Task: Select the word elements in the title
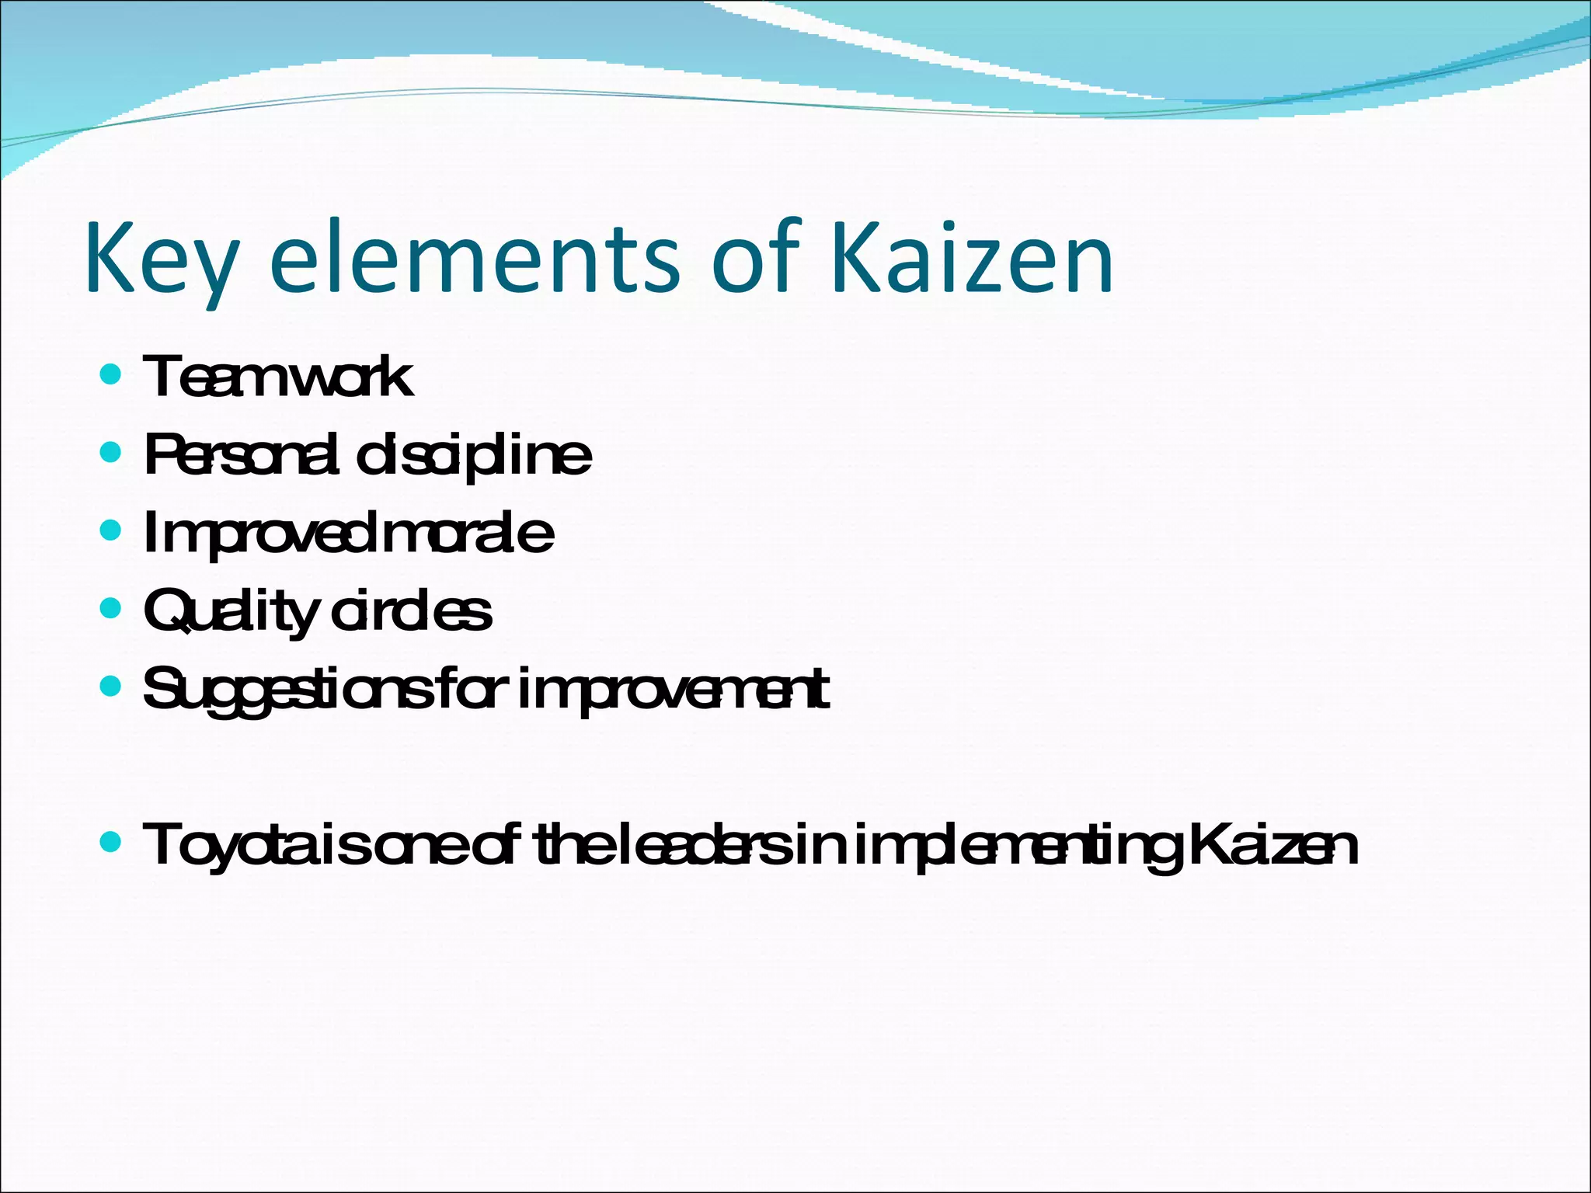click(474, 258)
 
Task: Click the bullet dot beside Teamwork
click(111, 375)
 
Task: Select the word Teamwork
click(278, 377)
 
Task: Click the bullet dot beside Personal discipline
click(111, 452)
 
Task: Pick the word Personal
click(242, 455)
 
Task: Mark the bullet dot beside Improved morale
click(111, 530)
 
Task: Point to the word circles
click(411, 610)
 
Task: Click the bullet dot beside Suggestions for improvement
click(111, 685)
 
